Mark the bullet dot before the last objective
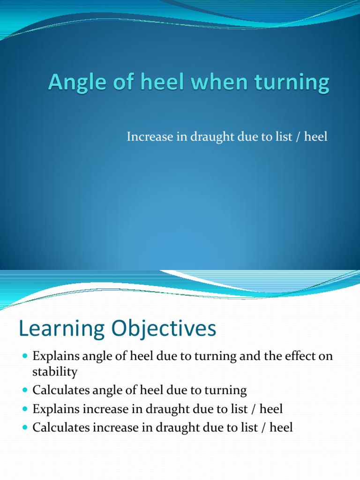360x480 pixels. click(25, 428)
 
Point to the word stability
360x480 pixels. click(55, 372)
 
